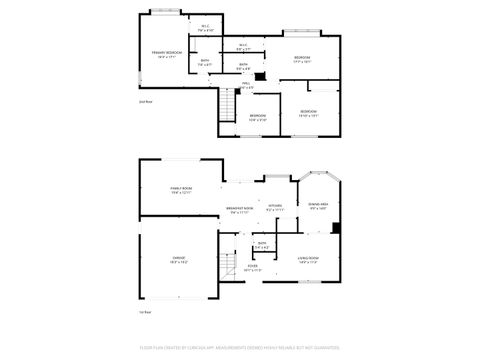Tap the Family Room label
181,190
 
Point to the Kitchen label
275,208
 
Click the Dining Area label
320,206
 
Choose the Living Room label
308,260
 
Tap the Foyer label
253,268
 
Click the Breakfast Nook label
241,210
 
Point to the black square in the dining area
336,227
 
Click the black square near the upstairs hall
261,75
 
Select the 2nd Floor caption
145,101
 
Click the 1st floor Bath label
261,246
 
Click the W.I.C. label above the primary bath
205,29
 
